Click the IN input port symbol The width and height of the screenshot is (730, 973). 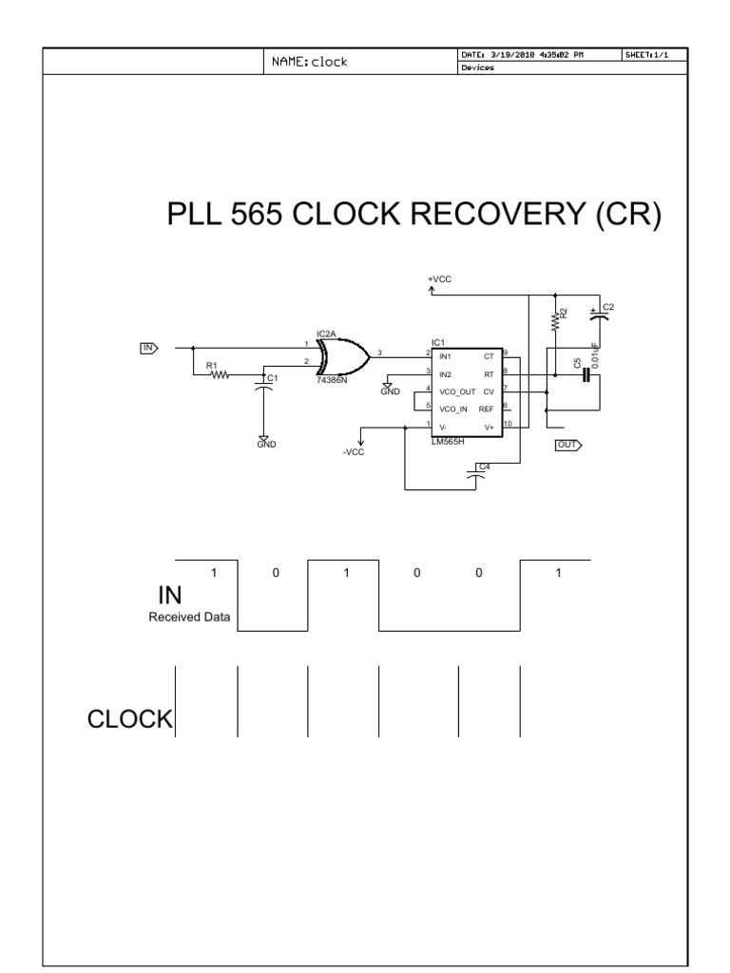pyautogui.click(x=148, y=348)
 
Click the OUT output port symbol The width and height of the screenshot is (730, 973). pyautogui.click(x=567, y=444)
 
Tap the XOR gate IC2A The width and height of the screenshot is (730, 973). pyautogui.click(x=345, y=358)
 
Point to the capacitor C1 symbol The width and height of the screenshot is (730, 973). pyautogui.click(x=261, y=384)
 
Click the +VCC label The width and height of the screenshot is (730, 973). pyautogui.click(x=439, y=278)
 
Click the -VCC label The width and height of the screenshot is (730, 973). pyautogui.click(x=354, y=452)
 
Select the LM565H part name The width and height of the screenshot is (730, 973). pyautogui.click(x=447, y=441)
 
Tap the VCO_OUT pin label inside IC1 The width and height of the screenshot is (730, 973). pyautogui.click(x=456, y=391)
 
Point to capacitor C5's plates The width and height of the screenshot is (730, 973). pyautogui.click(x=587, y=376)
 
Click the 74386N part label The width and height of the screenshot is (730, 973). pyautogui.click(x=332, y=380)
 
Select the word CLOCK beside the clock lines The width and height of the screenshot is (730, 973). pyautogui.click(x=130, y=720)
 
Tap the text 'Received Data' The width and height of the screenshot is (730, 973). pyautogui.click(x=194, y=617)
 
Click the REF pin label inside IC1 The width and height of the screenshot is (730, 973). pyautogui.click(x=487, y=409)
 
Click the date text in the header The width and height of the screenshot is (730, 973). pyautogui.click(x=522, y=55)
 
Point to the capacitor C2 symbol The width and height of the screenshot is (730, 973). pyautogui.click(x=598, y=317)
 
